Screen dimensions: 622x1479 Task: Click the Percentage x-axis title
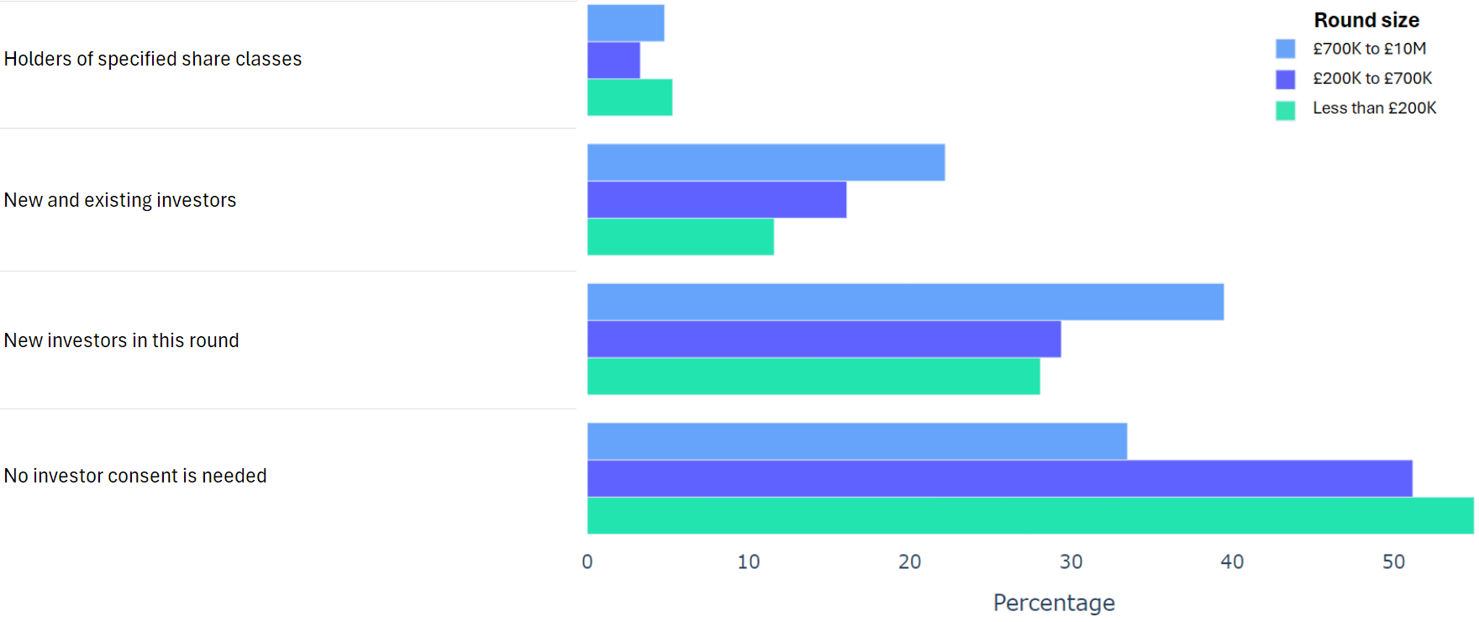tap(1054, 603)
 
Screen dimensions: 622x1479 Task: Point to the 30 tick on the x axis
tap(1071, 561)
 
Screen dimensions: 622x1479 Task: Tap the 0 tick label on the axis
tap(587, 561)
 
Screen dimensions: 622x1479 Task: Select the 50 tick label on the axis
tap(1393, 561)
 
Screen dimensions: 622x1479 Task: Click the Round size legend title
tap(1366, 20)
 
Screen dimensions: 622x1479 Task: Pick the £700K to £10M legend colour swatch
tap(1285, 49)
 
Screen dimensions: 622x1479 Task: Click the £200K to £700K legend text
tap(1372, 78)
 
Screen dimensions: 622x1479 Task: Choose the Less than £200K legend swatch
tap(1285, 109)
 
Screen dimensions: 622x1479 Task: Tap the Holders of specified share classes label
tap(153, 59)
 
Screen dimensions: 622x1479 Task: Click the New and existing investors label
tap(120, 200)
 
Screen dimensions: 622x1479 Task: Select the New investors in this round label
tap(122, 340)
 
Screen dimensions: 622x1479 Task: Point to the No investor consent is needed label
tap(135, 476)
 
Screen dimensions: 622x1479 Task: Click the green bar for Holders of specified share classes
tap(629, 98)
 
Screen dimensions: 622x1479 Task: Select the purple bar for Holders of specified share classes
tap(613, 61)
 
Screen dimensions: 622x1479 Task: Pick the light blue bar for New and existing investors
tap(766, 162)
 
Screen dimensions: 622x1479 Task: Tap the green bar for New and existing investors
tap(680, 237)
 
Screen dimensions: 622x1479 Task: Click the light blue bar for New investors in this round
tap(905, 302)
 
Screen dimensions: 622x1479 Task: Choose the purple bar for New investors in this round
tap(824, 340)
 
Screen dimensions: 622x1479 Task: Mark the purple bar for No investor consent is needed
tap(999, 478)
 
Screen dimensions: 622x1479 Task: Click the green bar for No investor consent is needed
tap(1029, 515)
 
